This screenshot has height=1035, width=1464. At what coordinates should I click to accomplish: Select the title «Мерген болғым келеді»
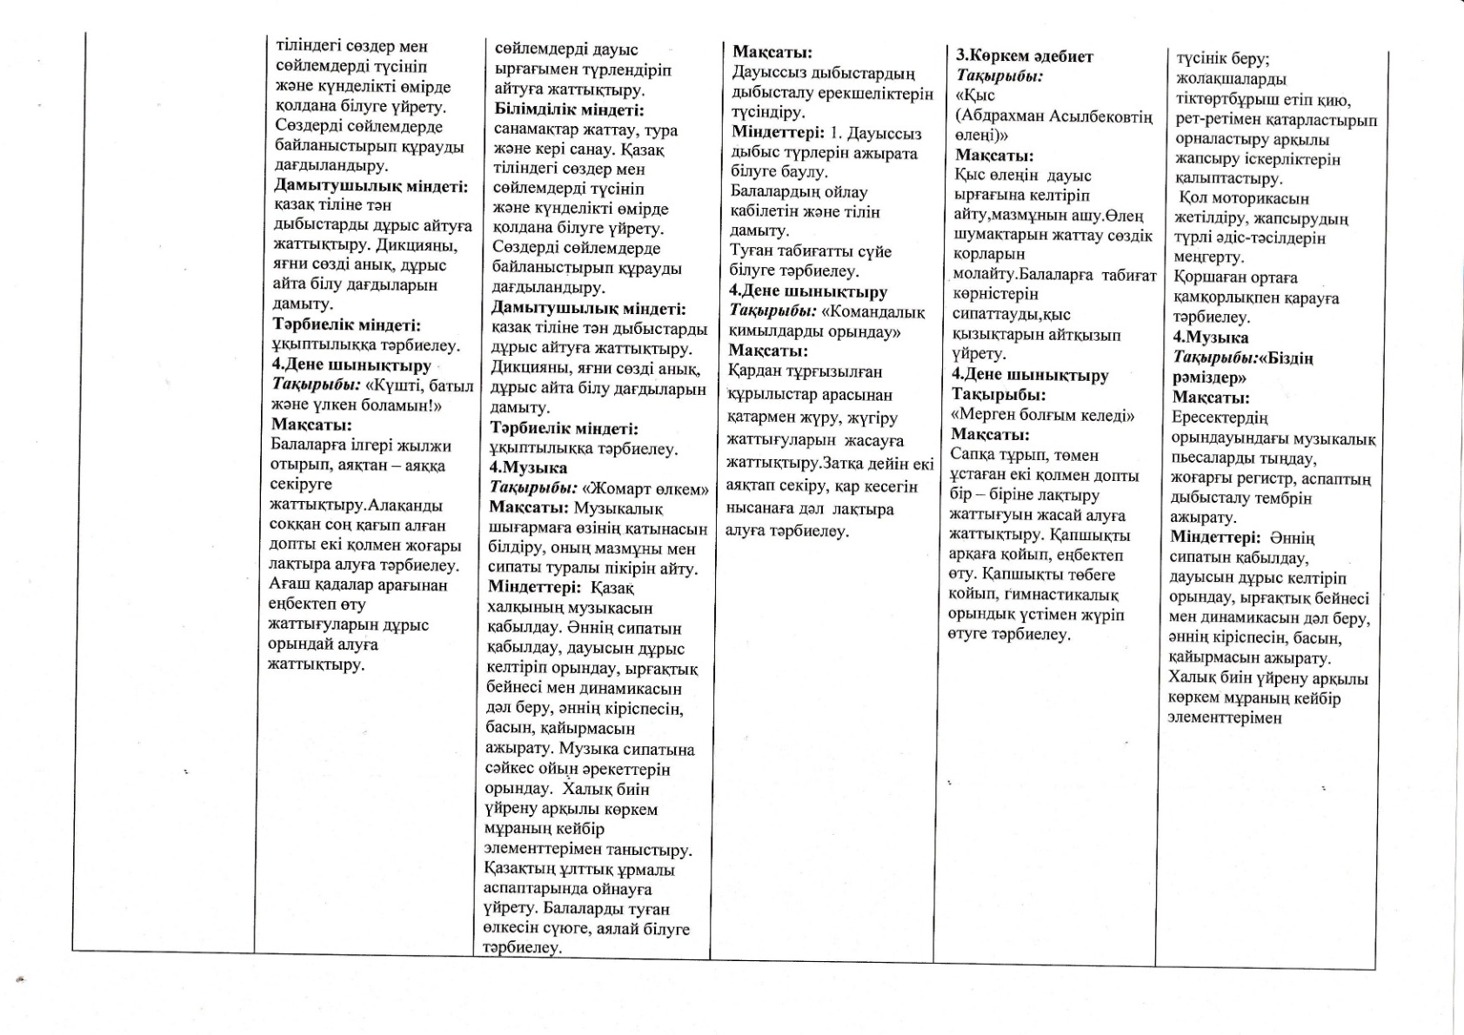point(1043,415)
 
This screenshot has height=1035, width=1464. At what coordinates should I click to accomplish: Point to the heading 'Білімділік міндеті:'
point(570,110)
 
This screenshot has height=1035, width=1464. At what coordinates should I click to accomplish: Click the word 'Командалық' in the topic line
point(873,311)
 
